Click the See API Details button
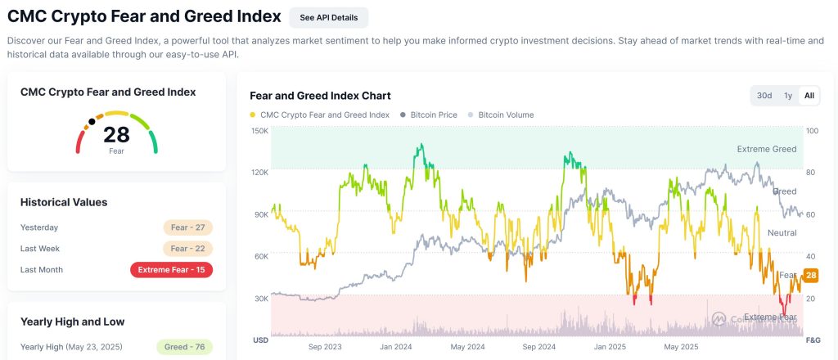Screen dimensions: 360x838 coord(329,17)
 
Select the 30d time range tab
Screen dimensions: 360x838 coord(764,96)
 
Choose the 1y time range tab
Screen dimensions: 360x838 coord(788,96)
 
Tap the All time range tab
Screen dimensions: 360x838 coord(809,96)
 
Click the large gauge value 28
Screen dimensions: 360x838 coord(116,135)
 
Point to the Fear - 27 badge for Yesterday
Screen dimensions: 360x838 coord(187,227)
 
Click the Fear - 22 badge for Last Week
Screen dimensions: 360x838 coord(187,249)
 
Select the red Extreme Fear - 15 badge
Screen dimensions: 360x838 coord(171,270)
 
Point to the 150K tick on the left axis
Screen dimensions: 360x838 coord(259,131)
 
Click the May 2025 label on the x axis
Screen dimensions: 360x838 coord(682,347)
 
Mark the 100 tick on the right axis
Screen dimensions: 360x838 coord(811,131)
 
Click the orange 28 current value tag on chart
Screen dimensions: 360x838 coord(811,276)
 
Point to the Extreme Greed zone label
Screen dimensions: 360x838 coord(766,150)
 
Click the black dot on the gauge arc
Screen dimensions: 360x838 coord(92,122)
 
